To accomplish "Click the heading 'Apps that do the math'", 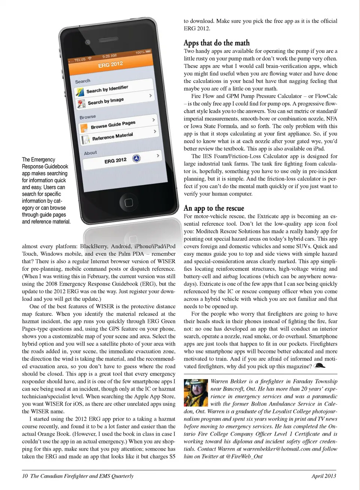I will coord(216,43).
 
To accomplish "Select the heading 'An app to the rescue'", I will coord(214,208).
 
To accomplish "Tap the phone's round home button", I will coord(129,203).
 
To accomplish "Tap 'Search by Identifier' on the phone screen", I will coord(107,89).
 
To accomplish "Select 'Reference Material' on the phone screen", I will coord(112,136).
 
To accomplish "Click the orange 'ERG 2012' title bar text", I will coord(111,64).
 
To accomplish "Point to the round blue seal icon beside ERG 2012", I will coord(136,159).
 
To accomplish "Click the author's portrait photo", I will coord(196,393).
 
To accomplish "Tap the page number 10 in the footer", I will coord(25,476).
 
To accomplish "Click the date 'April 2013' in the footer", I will coord(324,476).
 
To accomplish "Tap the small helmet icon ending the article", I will coord(319,366).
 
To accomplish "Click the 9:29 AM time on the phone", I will coord(109,56).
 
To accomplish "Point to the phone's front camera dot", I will coord(87,42).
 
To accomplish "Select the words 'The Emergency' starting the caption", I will coord(38,160).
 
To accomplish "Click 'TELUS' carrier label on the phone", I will coord(80,60).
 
